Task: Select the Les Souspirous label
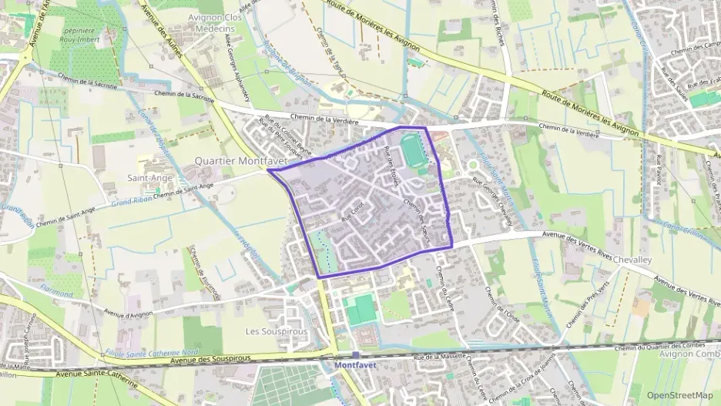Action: coord(276,331)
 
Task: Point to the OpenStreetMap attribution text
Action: coord(679,395)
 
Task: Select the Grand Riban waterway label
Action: coord(130,201)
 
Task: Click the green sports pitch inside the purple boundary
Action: coord(413,149)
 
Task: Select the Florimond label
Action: coord(57,293)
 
